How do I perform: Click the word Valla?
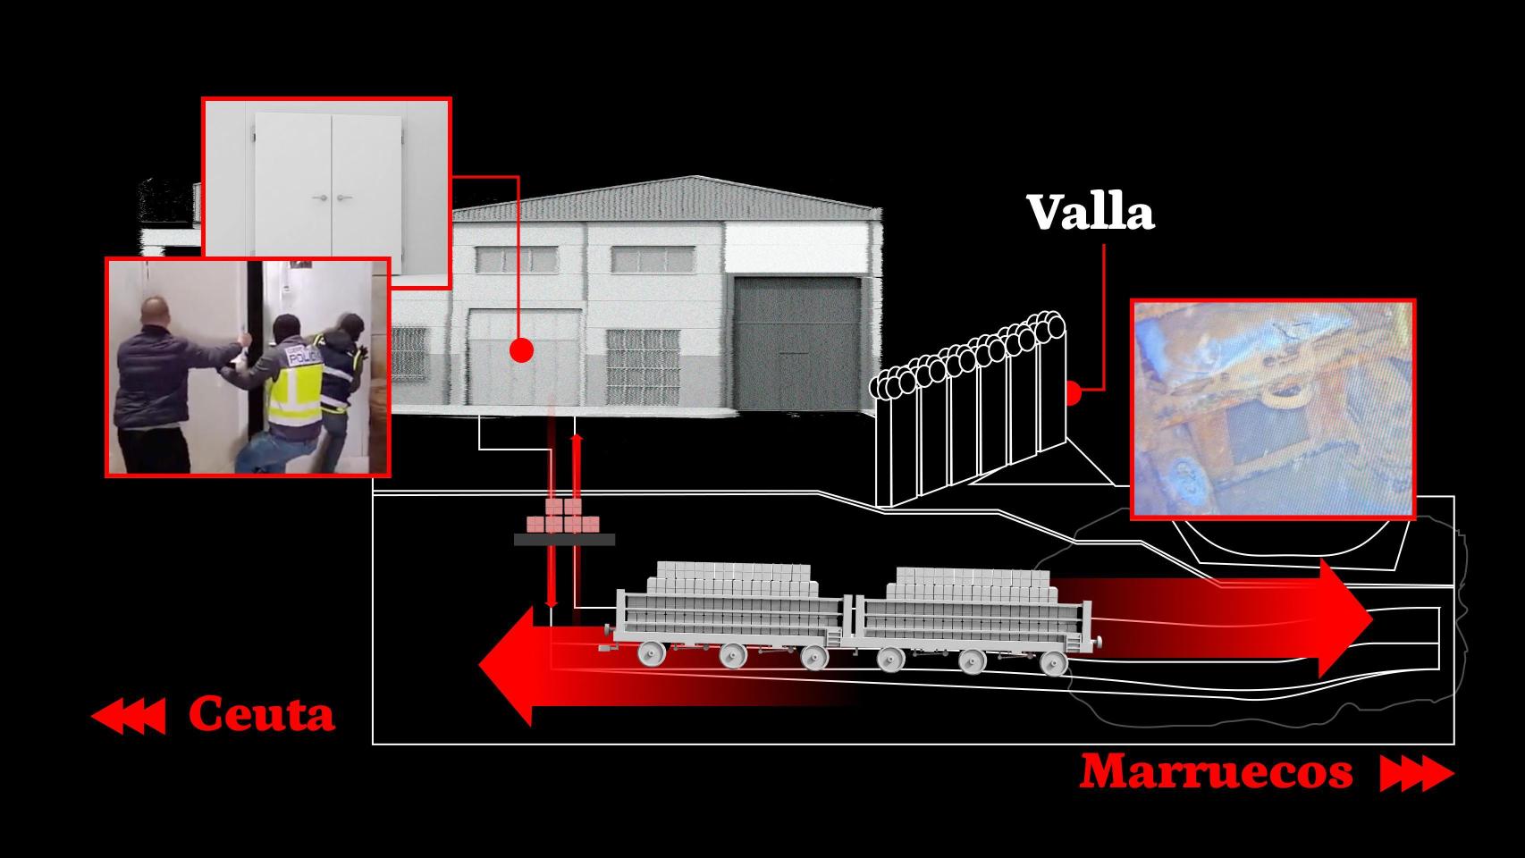click(x=1090, y=213)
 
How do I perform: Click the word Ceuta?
click(x=261, y=715)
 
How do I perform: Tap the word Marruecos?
click(x=1216, y=771)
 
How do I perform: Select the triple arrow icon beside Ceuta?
click(x=129, y=717)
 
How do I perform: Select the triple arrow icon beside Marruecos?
click(x=1416, y=773)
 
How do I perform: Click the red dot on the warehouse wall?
click(x=521, y=350)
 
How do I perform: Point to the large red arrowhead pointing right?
click(x=1345, y=618)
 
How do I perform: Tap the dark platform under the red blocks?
click(x=564, y=540)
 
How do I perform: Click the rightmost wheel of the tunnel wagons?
click(x=1054, y=662)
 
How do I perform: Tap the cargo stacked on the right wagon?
click(x=971, y=584)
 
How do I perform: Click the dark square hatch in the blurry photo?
click(x=1259, y=433)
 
